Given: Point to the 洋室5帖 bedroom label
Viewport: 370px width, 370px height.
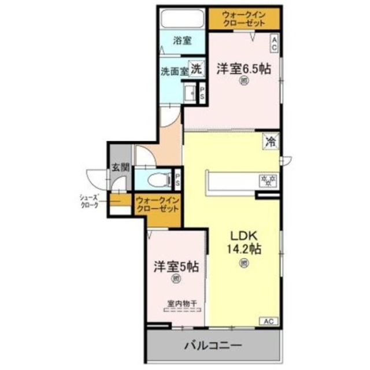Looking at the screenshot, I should click(176, 267).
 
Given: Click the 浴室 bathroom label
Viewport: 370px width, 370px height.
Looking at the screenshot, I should click(183, 41).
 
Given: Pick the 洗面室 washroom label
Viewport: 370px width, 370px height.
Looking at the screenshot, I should click(175, 72).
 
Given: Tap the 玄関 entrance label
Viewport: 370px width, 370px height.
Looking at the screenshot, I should click(120, 169).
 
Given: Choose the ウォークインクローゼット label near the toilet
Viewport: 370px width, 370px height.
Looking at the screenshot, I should click(157, 205).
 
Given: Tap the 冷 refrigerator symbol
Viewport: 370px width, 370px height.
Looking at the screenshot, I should click(271, 140).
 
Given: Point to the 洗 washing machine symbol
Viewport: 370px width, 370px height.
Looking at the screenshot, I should click(197, 68).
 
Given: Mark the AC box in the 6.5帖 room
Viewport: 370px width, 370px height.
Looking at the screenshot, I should click(275, 43).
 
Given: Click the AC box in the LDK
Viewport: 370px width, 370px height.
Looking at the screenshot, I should click(268, 321).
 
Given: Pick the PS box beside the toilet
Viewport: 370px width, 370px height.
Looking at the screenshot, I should click(177, 179).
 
